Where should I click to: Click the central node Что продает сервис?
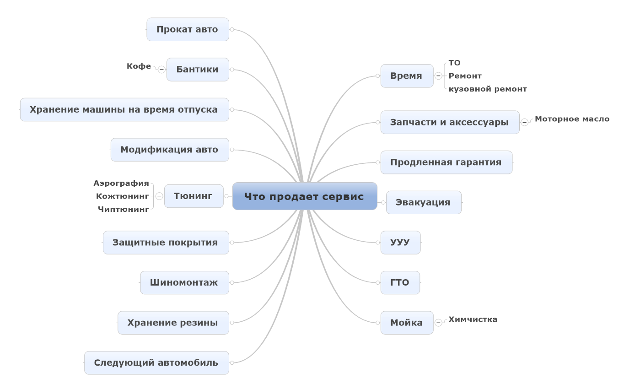pyautogui.click(x=304, y=196)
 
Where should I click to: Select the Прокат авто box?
pyautogui.click(x=188, y=30)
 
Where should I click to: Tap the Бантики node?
pyautogui.click(x=198, y=70)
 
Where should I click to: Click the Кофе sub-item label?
pyautogui.click(x=139, y=66)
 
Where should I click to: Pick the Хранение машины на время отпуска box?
pyautogui.click(x=124, y=110)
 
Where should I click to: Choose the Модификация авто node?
pyautogui.click(x=169, y=150)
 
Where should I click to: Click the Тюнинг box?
pyautogui.click(x=194, y=196)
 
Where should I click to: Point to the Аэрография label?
pyautogui.click(x=121, y=184)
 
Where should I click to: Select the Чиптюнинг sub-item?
pyautogui.click(x=124, y=210)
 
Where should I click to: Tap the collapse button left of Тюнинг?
pyautogui.click(x=159, y=196)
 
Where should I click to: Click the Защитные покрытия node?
pyautogui.click(x=165, y=243)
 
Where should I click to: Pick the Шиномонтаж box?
pyautogui.click(x=184, y=283)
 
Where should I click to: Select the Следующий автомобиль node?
pyautogui.click(x=156, y=363)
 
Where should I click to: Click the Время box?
pyautogui.click(x=406, y=76)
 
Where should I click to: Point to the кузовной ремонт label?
pyautogui.click(x=488, y=89)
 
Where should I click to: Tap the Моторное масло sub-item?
pyautogui.click(x=572, y=119)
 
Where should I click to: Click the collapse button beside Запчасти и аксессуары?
pyautogui.click(x=525, y=122)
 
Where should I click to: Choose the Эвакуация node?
pyautogui.click(x=423, y=202)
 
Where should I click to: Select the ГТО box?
pyautogui.click(x=400, y=283)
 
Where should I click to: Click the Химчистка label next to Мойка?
pyautogui.click(x=473, y=319)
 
